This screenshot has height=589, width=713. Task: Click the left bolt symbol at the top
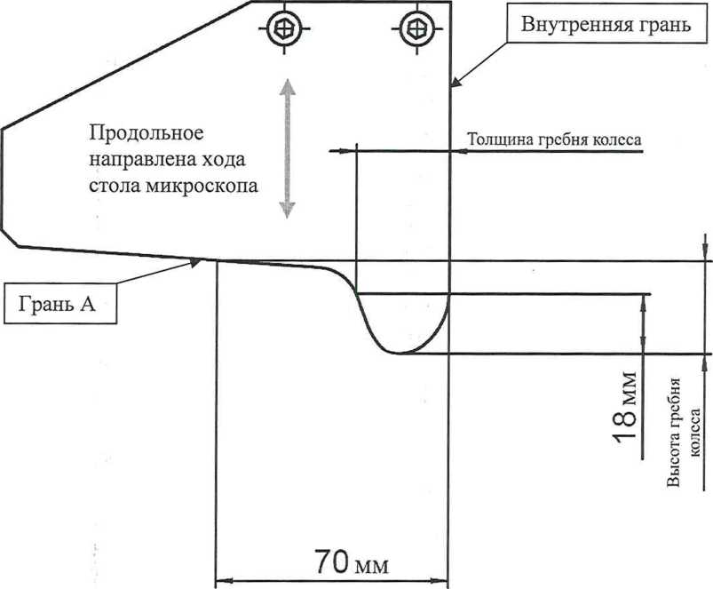pyautogui.click(x=285, y=28)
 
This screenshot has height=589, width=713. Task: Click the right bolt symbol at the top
pyautogui.click(x=417, y=28)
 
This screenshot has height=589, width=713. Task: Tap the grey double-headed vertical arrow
pyautogui.click(x=287, y=148)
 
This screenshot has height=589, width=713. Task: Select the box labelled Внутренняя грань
pyautogui.click(x=606, y=24)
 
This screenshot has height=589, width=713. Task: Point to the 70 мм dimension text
pyautogui.click(x=352, y=562)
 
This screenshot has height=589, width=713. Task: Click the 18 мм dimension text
pyautogui.click(x=625, y=407)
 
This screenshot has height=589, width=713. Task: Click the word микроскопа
pyautogui.click(x=202, y=186)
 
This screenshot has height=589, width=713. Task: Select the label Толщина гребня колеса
pyautogui.click(x=555, y=139)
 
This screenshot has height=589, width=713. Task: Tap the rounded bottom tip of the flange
pyautogui.click(x=398, y=353)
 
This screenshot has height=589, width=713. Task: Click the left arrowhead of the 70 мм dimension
pyautogui.click(x=222, y=581)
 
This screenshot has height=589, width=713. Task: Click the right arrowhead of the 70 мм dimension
pyautogui.click(x=440, y=581)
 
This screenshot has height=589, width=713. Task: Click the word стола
pyautogui.click(x=115, y=186)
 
